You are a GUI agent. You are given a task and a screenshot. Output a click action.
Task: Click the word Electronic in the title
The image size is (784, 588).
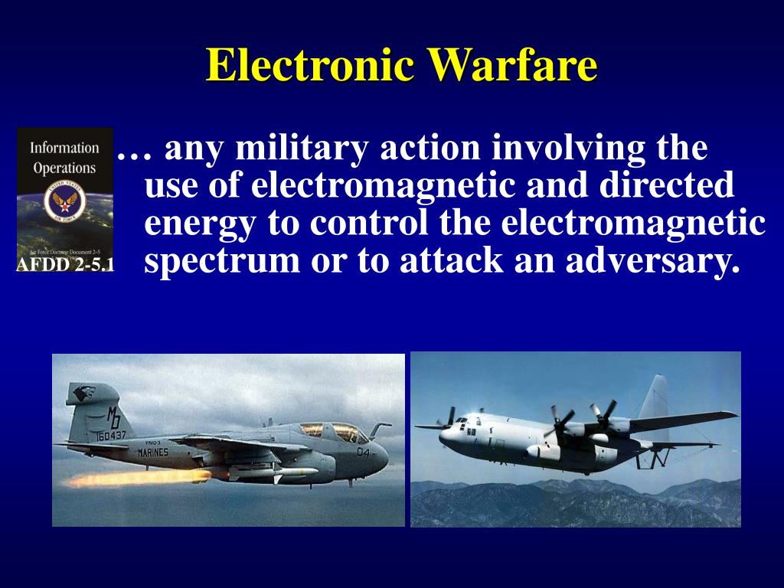click(x=310, y=65)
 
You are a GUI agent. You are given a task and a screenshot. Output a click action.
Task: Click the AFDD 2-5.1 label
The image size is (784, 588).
click(x=65, y=266)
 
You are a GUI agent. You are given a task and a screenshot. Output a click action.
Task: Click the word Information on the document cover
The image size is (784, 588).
click(x=64, y=148)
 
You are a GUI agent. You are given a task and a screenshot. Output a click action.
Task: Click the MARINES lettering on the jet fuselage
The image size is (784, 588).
click(x=153, y=452)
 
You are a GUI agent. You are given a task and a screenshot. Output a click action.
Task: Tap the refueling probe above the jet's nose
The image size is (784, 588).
click(x=378, y=426)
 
